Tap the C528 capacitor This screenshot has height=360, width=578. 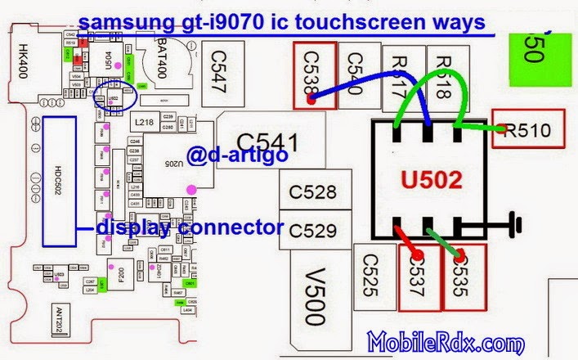click(x=312, y=192)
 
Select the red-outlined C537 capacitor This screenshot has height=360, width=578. click(x=418, y=278)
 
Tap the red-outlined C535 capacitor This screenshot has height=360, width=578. click(x=463, y=278)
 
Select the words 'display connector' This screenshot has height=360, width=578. click(x=190, y=227)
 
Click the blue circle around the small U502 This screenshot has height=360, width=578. click(x=114, y=97)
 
